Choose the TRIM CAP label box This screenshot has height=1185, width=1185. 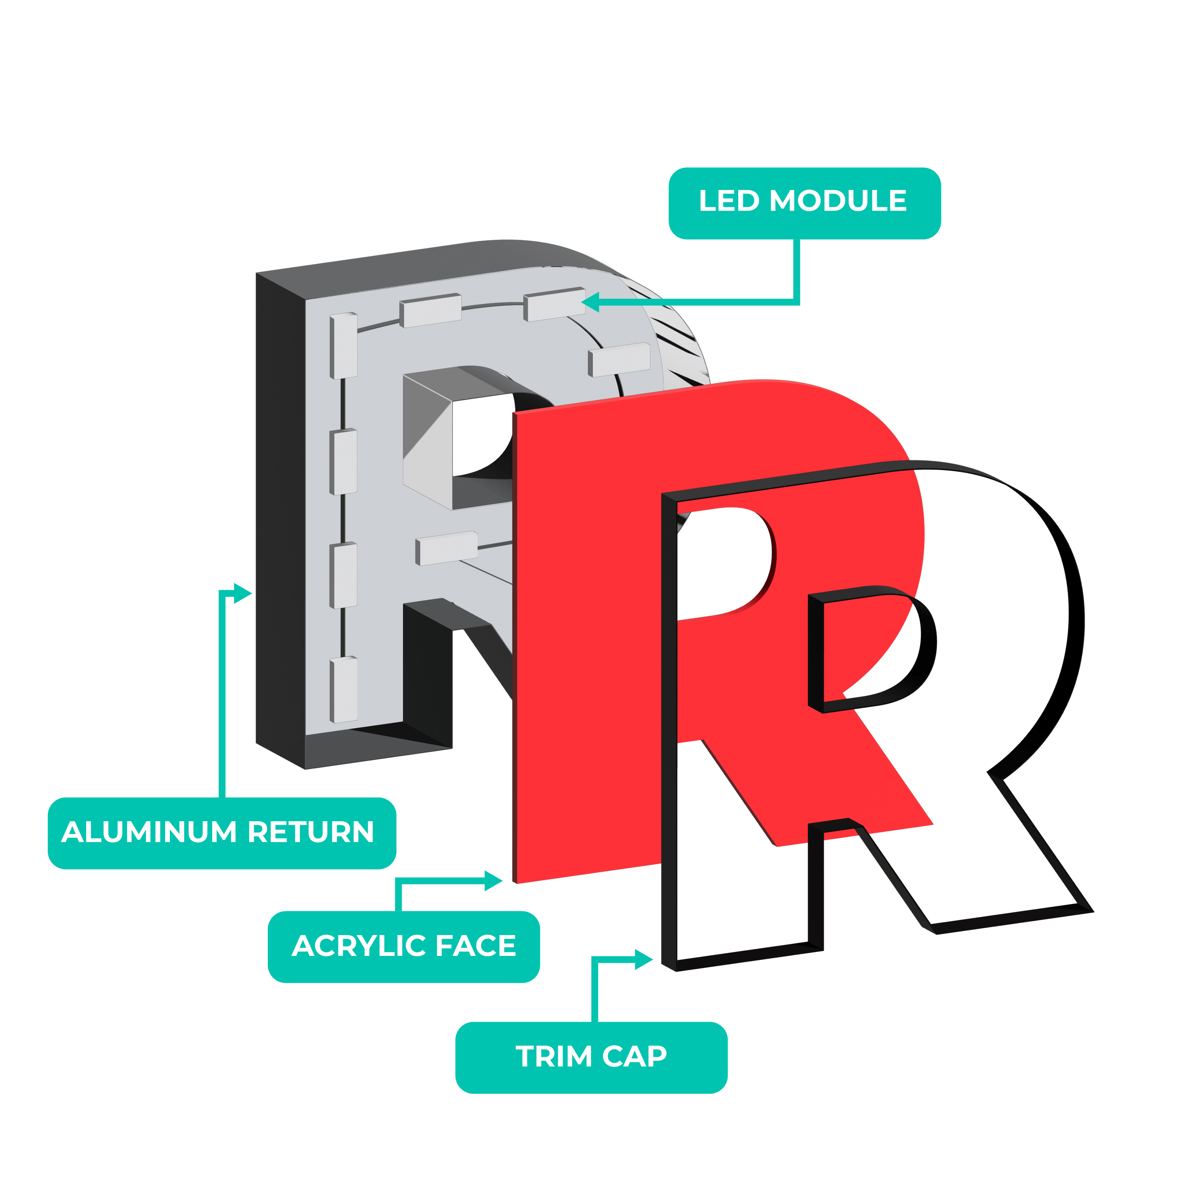[x=591, y=1057]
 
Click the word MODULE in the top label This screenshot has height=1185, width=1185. [x=838, y=201]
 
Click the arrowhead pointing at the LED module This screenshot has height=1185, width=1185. [x=590, y=302]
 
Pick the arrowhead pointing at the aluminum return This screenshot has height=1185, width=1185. [x=244, y=593]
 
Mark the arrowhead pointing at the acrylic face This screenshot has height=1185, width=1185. [x=494, y=881]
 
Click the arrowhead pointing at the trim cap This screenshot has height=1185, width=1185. [x=643, y=959]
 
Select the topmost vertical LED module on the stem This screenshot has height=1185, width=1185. [x=343, y=345]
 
